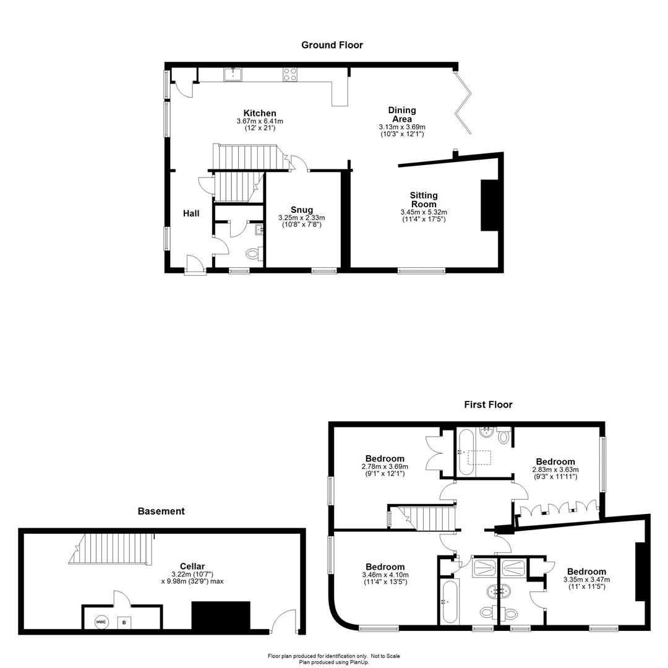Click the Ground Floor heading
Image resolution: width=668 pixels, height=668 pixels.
tap(332, 45)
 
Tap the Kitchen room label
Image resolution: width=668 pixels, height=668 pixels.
tap(260, 113)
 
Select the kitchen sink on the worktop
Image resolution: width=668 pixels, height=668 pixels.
tap(233, 75)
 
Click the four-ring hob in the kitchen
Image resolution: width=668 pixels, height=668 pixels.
tap(291, 75)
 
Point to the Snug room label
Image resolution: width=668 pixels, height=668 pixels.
tap(302, 210)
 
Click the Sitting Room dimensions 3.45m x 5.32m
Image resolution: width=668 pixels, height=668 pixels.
tap(424, 212)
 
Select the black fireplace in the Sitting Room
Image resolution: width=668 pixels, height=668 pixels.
tap(489, 205)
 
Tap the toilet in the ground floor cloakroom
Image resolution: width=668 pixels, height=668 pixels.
tap(255, 254)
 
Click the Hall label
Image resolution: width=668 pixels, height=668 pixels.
tap(191, 213)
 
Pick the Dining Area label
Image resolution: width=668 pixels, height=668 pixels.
tap(402, 114)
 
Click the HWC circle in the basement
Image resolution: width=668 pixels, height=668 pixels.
tap(101, 622)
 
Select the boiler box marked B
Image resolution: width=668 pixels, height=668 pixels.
tap(124, 622)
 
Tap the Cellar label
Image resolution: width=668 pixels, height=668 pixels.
tap(192, 567)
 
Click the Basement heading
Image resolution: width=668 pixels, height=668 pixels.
tap(161, 512)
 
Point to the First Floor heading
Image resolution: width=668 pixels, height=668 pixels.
tap(488, 405)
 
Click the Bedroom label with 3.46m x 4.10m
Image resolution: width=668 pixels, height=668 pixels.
tap(385, 567)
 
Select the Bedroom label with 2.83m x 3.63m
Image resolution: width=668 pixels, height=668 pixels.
tap(555, 462)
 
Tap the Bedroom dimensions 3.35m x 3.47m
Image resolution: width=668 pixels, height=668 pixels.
tap(586, 580)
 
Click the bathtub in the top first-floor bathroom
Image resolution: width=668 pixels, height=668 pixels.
tap(466, 453)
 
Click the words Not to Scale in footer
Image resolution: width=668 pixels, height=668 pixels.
tap(385, 656)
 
